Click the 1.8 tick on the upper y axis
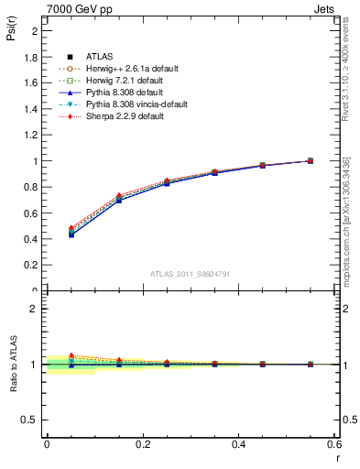point(31,57)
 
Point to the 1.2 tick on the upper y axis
point(31,135)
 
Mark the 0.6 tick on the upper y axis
point(31,213)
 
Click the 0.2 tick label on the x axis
point(142,444)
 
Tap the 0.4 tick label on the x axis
point(238,444)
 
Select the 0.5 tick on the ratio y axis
point(29,420)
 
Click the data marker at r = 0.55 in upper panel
point(310,160)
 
